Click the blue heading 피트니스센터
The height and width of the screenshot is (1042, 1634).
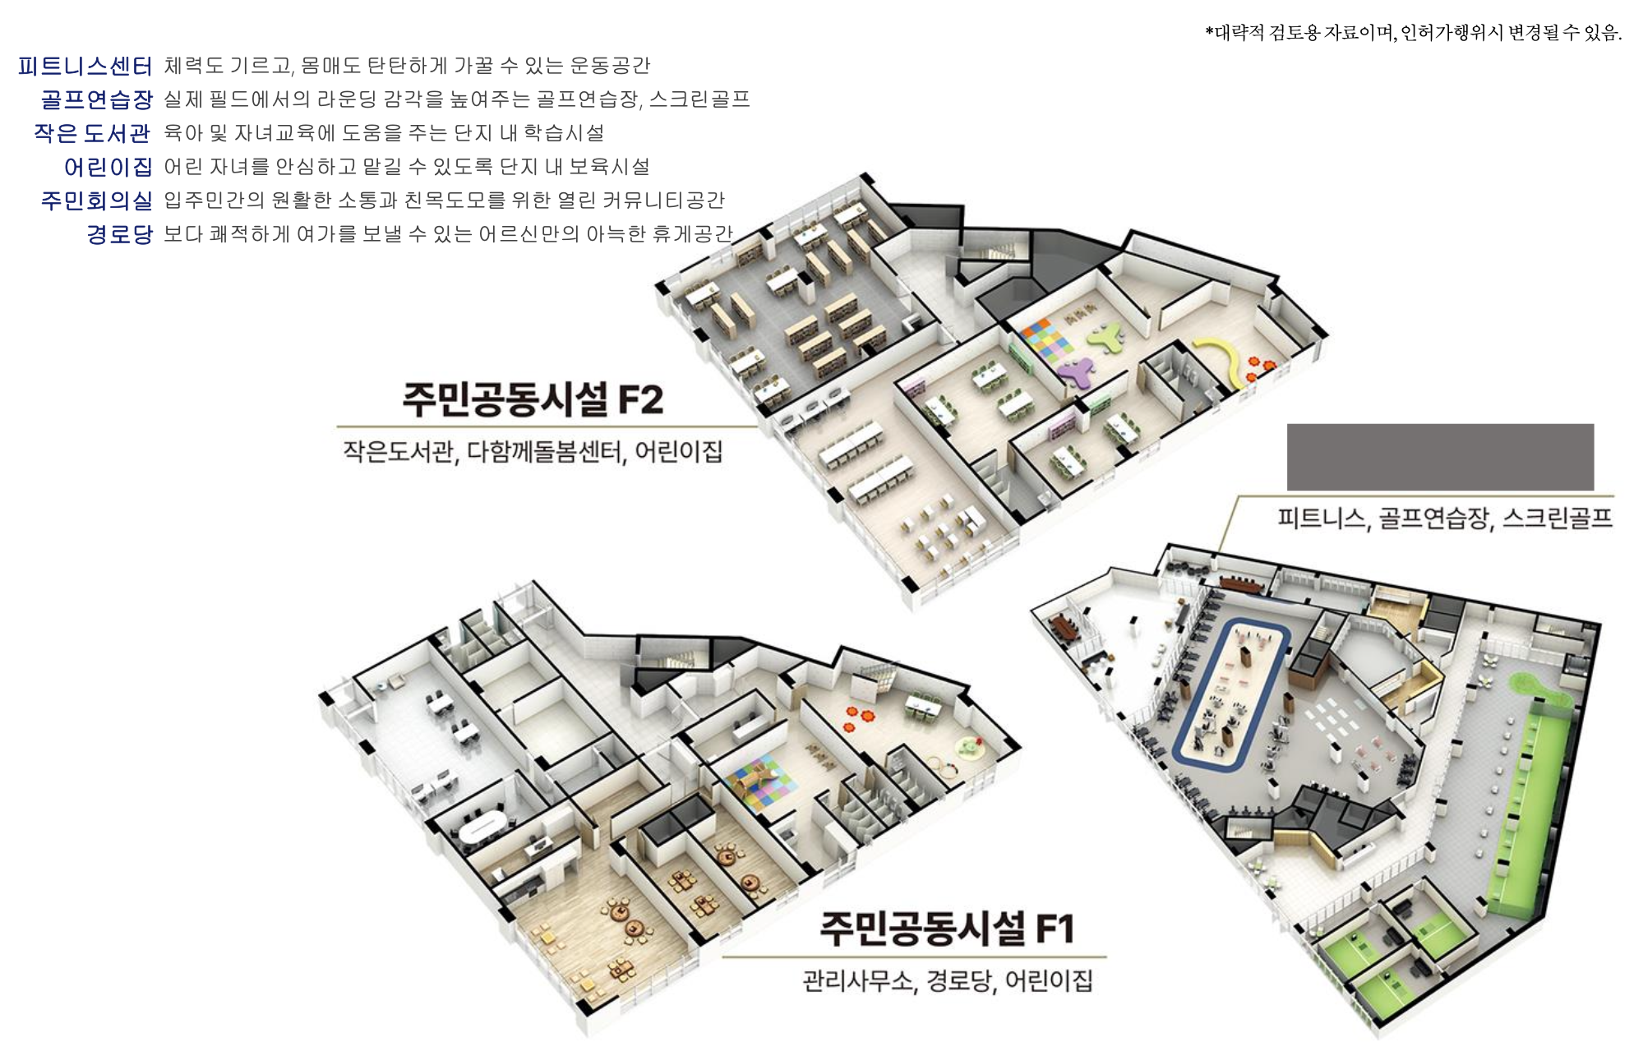[x=85, y=66]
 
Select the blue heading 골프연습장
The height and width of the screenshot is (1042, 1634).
[x=97, y=99]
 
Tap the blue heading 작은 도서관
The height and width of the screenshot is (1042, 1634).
[x=92, y=133]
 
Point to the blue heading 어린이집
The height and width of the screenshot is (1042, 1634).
[x=108, y=167]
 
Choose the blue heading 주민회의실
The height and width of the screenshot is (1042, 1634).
[x=97, y=201]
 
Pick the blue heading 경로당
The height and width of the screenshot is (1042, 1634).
[x=120, y=234]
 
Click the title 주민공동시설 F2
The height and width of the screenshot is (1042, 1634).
[x=533, y=399]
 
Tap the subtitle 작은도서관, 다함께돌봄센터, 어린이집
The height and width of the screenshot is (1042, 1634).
[x=533, y=451]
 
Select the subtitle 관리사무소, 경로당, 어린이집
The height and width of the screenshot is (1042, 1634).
[x=947, y=980]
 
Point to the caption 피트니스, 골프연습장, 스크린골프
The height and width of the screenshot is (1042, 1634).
[x=1444, y=518]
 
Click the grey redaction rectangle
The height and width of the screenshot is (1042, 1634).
[x=1440, y=457]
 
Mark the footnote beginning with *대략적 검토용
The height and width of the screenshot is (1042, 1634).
[x=1413, y=33]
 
